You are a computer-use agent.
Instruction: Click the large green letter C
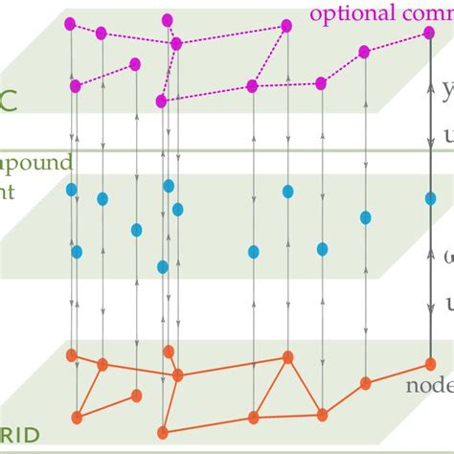tap(8, 98)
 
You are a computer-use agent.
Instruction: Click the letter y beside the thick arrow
tap(448, 91)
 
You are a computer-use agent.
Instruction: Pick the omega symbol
tap(448, 255)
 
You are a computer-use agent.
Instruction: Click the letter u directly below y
tap(448, 137)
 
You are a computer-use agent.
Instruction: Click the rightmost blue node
tap(430, 197)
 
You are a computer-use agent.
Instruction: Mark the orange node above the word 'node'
tap(430, 363)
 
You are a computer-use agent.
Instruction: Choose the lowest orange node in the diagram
tap(163, 432)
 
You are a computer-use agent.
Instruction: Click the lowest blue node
tap(163, 266)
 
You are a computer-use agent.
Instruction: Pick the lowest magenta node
tap(162, 100)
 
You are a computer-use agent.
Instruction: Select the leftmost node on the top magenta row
tap(70, 23)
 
